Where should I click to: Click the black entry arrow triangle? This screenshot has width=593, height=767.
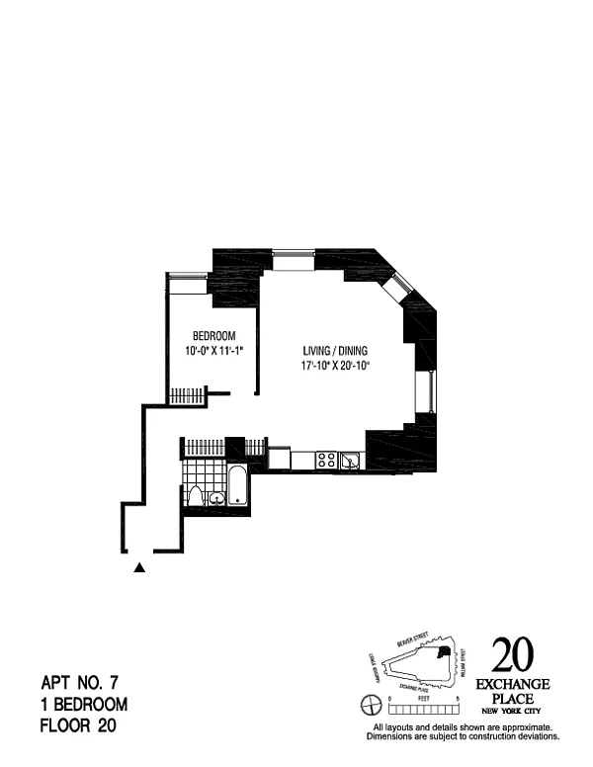click(x=139, y=567)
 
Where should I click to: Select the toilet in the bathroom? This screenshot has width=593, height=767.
click(x=196, y=496)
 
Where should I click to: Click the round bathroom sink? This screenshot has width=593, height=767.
click(x=216, y=498)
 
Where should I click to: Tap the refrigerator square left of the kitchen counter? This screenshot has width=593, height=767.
click(x=279, y=459)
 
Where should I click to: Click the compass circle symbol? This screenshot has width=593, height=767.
click(x=372, y=705)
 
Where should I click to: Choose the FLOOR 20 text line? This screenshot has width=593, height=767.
click(x=79, y=726)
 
